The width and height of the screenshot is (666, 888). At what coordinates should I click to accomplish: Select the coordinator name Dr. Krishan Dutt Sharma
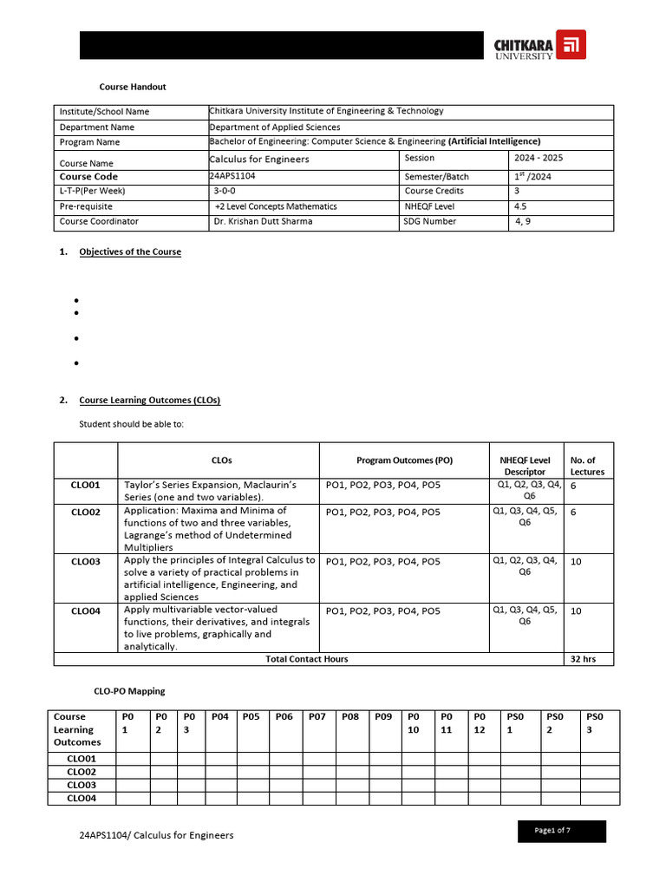click(x=264, y=221)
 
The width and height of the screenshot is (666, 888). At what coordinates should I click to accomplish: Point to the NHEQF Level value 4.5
click(x=520, y=206)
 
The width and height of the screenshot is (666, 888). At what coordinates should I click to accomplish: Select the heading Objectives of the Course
click(x=130, y=252)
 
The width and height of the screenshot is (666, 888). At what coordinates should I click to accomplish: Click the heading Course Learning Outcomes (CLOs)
click(x=149, y=401)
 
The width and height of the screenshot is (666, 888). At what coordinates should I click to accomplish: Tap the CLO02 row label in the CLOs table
click(x=85, y=513)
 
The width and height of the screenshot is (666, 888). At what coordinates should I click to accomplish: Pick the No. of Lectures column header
click(x=587, y=466)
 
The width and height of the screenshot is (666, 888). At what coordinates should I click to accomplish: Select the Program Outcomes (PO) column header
click(x=404, y=460)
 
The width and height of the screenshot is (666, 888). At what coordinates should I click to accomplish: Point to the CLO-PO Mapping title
click(x=129, y=691)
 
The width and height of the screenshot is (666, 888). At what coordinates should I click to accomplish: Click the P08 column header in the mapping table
click(x=350, y=717)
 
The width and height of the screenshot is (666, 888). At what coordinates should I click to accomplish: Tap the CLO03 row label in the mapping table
click(x=82, y=785)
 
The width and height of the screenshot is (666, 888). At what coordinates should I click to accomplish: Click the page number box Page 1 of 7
click(x=552, y=831)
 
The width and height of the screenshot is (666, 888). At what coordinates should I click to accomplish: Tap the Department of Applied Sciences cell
click(x=275, y=127)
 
